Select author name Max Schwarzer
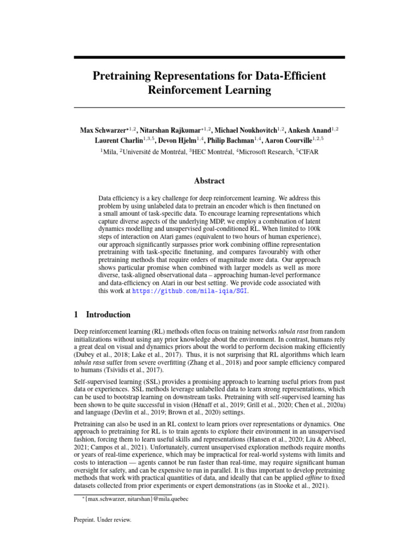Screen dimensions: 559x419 click(x=106, y=130)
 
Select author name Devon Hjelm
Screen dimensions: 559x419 click(x=177, y=141)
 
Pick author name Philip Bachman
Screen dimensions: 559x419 click(x=234, y=141)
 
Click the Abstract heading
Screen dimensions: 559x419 click(x=209, y=181)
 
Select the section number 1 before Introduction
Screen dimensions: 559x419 click(x=76, y=314)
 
